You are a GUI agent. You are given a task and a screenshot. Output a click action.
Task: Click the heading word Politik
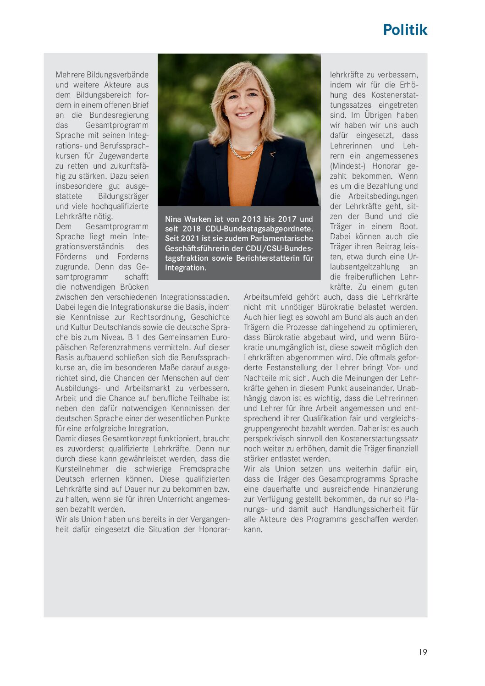[x=405, y=30]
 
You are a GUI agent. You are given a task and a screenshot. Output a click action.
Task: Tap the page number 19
[x=422, y=652]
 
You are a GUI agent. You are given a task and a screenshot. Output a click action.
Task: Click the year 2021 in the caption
[x=190, y=238]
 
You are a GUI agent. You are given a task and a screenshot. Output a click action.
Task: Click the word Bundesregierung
[x=119, y=115]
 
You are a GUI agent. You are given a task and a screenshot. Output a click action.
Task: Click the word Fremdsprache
[x=204, y=469]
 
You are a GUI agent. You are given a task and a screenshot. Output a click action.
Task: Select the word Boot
[x=408, y=226]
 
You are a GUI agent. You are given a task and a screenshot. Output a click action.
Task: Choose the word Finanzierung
[x=396, y=489]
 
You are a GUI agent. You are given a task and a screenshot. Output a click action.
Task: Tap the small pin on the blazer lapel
[x=273, y=154]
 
